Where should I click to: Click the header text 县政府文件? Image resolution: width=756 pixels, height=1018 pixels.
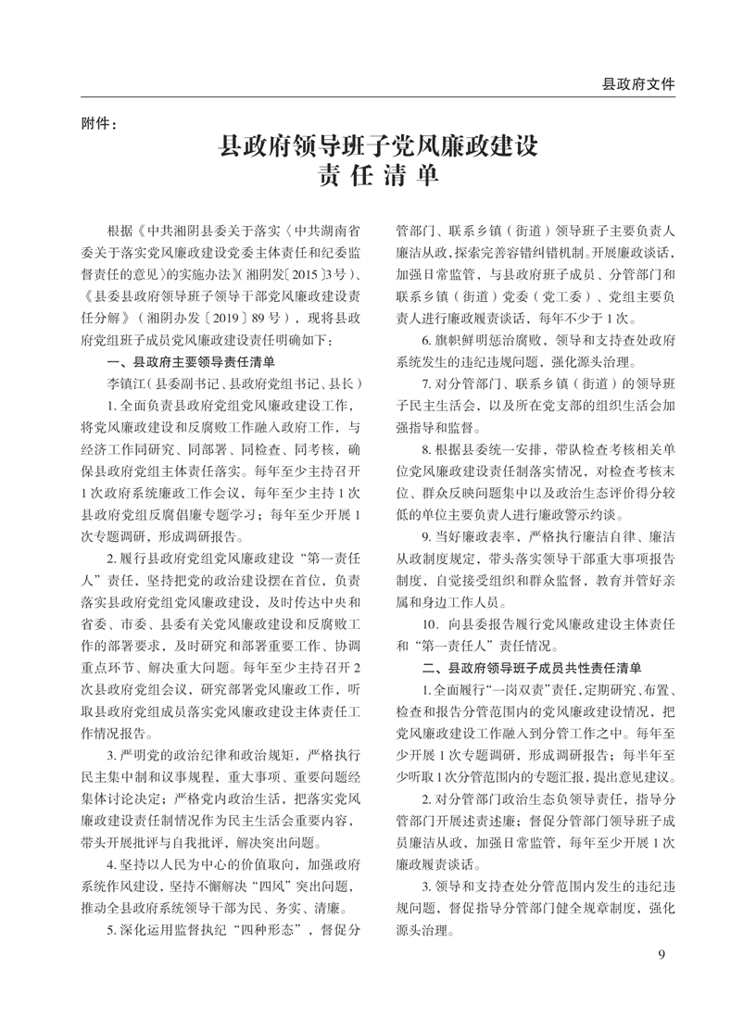point(638,83)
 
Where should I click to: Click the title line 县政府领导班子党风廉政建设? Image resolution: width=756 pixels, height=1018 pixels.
point(377,146)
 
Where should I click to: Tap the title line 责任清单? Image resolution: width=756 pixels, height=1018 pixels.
point(377,176)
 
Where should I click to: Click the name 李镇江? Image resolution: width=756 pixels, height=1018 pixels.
point(127,383)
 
